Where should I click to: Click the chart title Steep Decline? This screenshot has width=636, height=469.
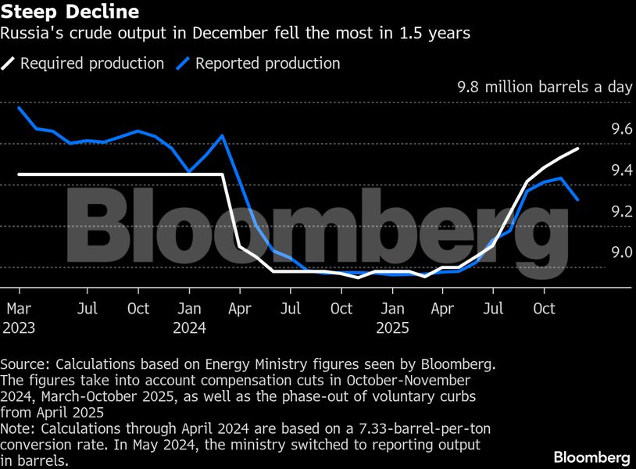(x=70, y=13)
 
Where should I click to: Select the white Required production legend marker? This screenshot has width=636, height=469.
(x=9, y=63)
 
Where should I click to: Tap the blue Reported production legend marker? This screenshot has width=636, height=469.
(x=184, y=63)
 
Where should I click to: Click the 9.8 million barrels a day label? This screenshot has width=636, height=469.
(x=544, y=87)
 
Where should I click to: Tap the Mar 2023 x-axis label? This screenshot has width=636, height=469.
(x=19, y=318)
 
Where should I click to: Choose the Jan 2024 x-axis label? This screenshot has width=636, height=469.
(x=189, y=318)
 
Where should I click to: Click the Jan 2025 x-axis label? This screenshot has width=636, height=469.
(x=392, y=318)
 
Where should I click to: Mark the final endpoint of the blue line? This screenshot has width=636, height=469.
(x=578, y=200)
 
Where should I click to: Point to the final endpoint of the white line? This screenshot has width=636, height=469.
(x=578, y=148)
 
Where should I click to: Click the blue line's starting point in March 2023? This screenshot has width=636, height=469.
(x=19, y=108)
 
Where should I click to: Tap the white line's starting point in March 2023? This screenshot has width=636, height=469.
(x=19, y=174)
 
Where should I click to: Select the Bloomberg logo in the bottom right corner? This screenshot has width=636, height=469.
(x=591, y=456)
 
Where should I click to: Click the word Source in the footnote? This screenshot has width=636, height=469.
(x=22, y=364)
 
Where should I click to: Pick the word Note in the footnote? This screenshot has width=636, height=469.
(x=16, y=430)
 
